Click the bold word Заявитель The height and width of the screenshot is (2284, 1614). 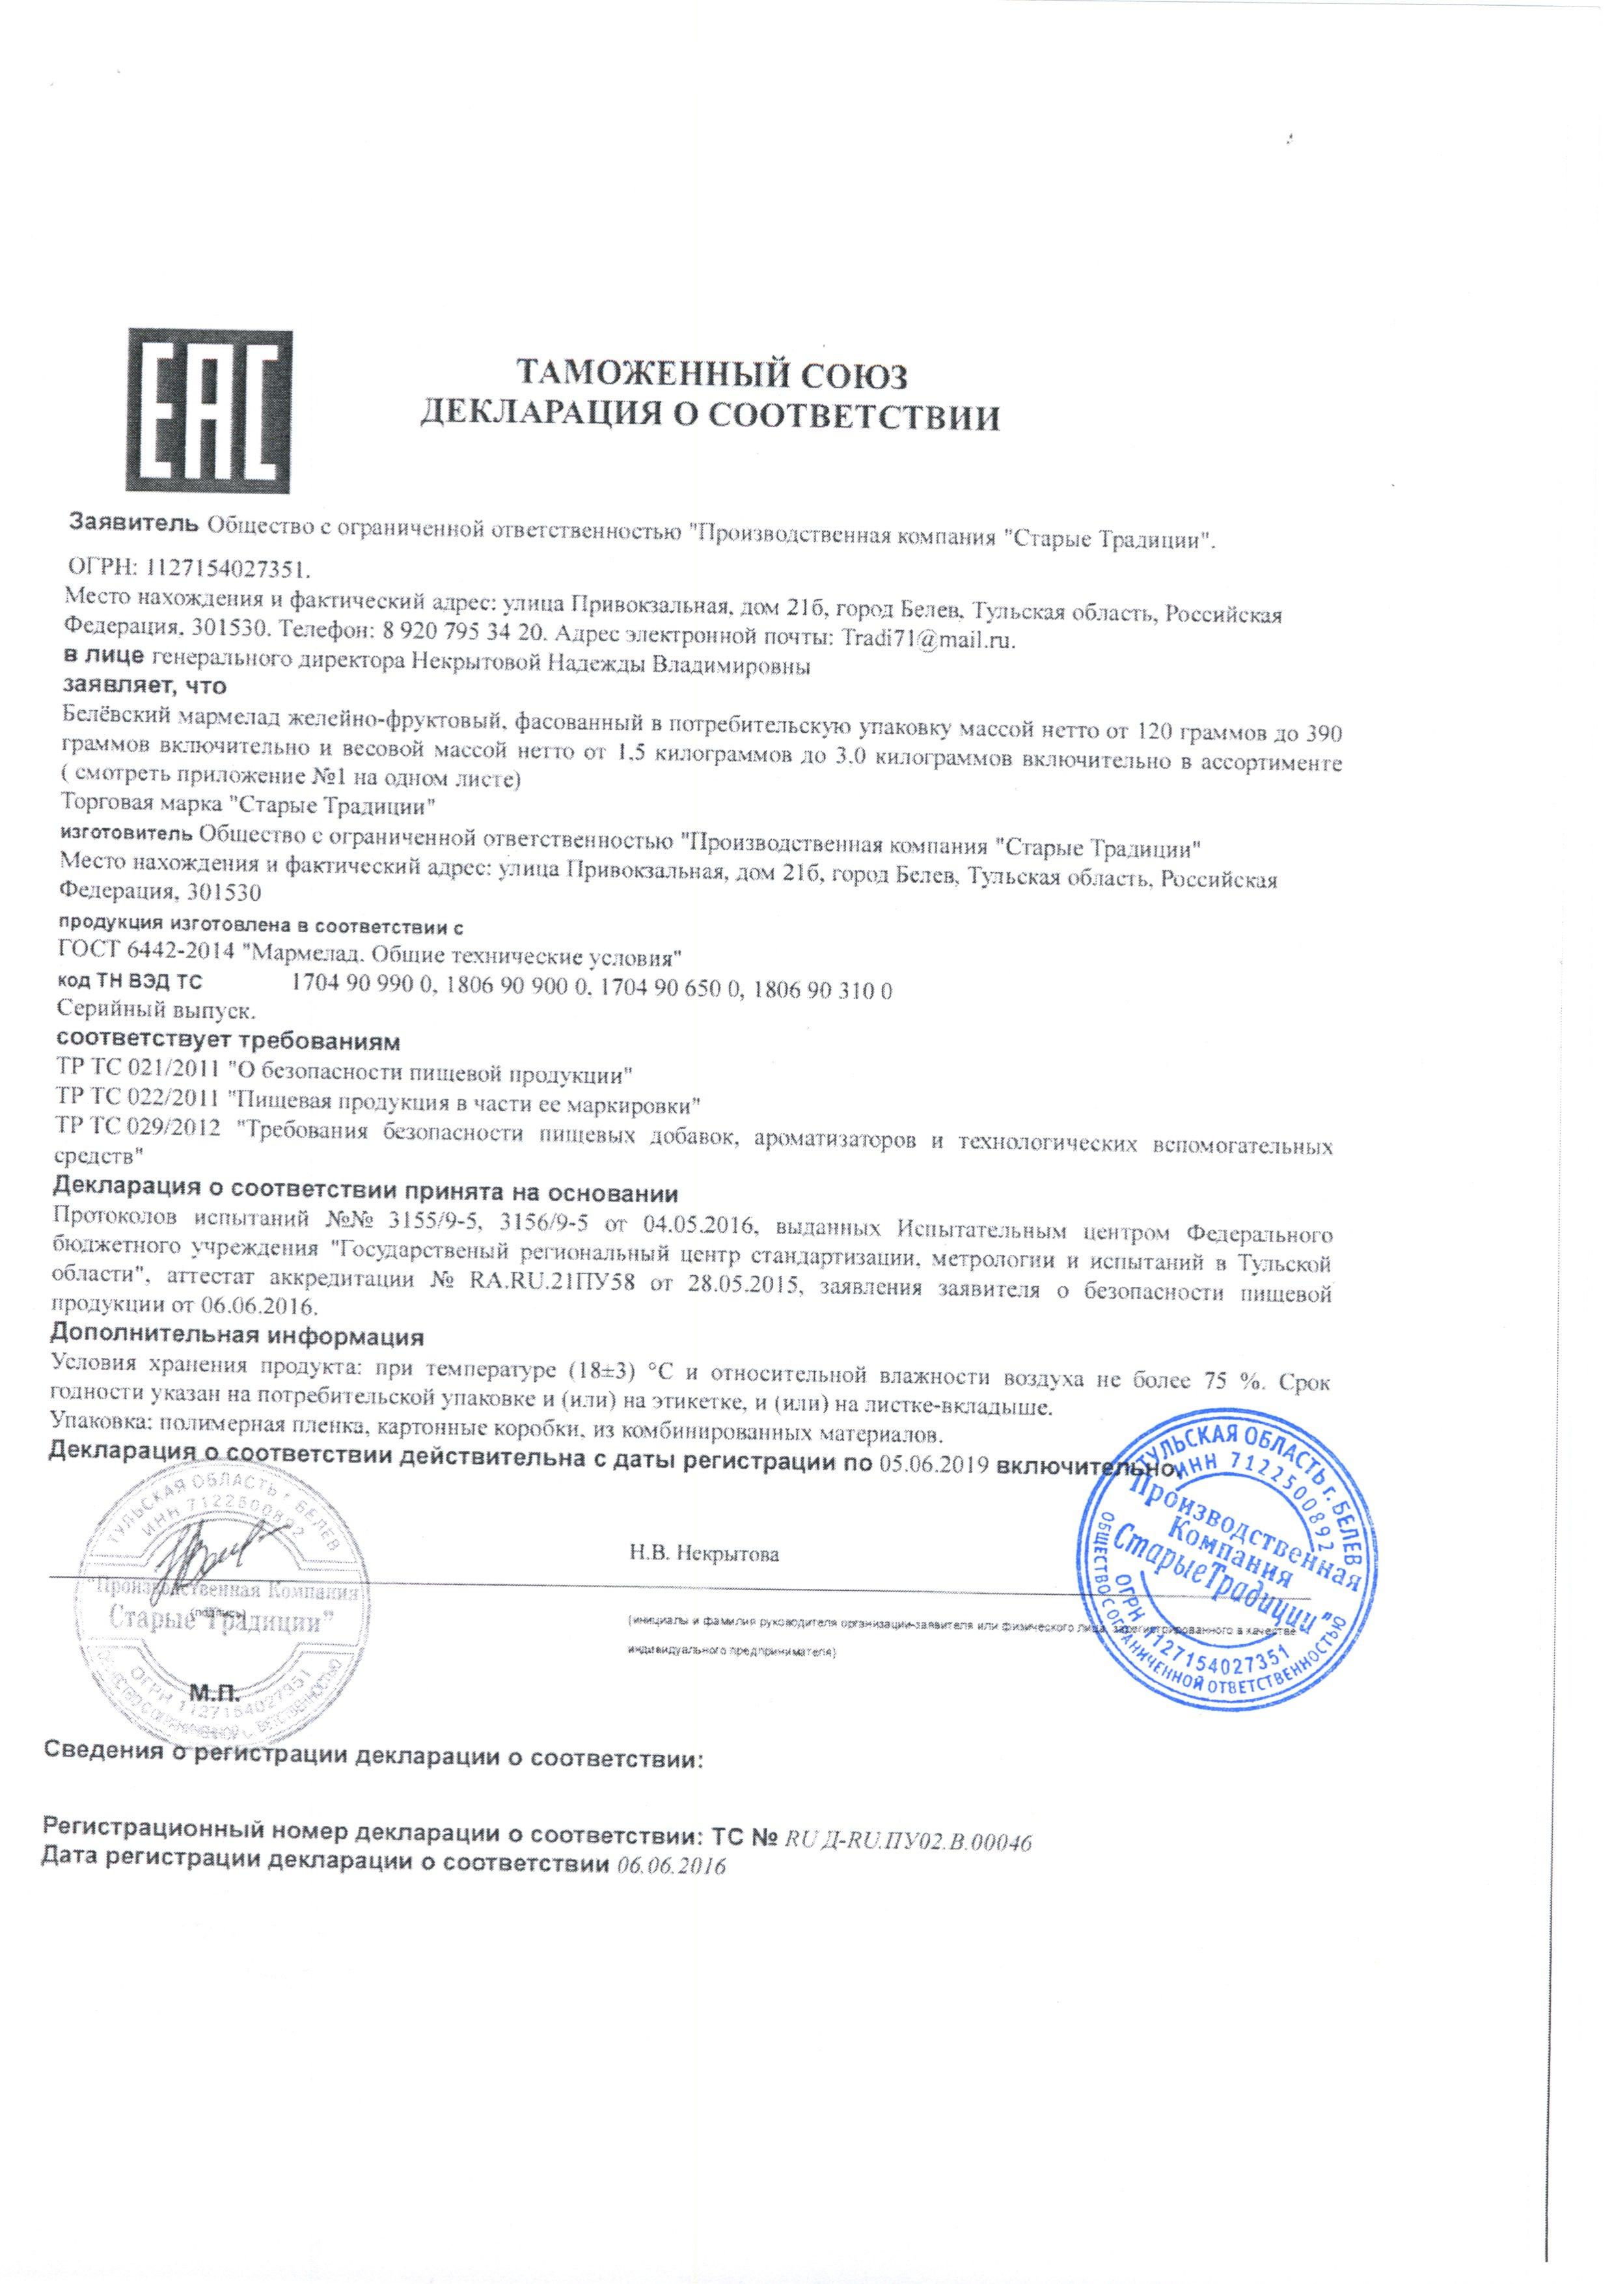(133, 522)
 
